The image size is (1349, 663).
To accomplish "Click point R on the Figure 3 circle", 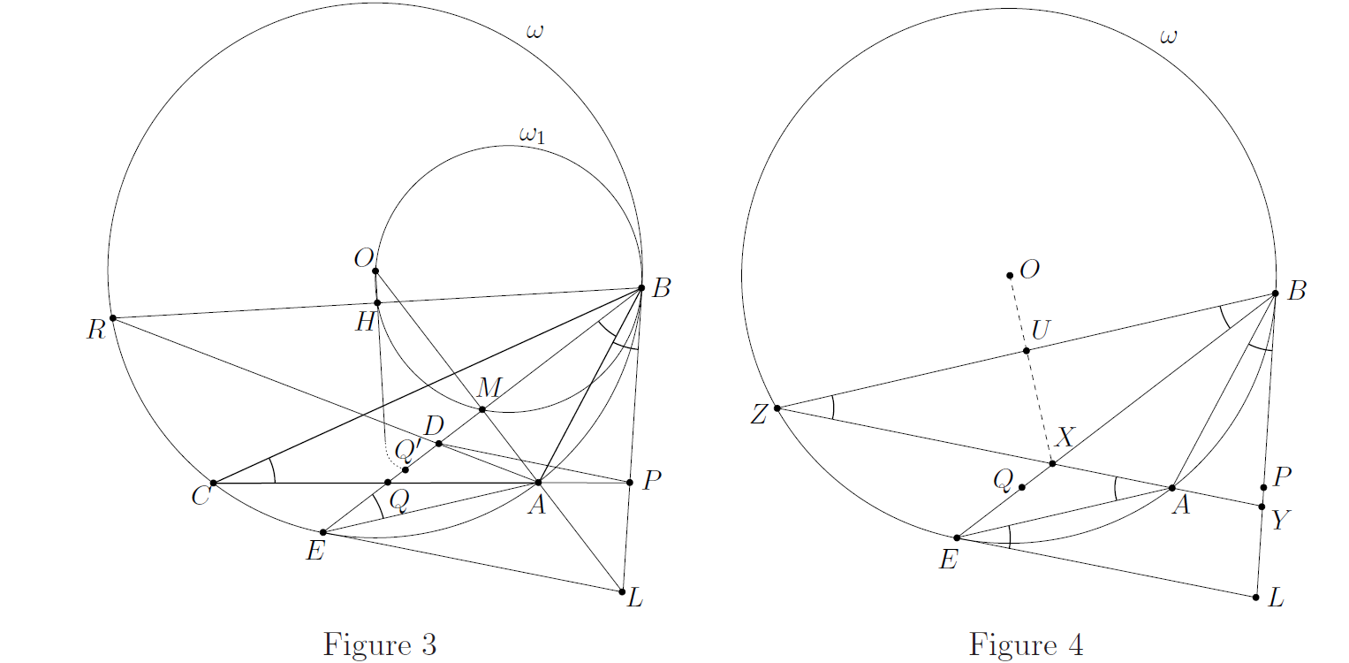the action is tap(112, 318).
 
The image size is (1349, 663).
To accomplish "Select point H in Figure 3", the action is tap(377, 303).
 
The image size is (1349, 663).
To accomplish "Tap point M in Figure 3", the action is tap(481, 410).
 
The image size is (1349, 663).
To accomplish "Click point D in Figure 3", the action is tap(439, 444).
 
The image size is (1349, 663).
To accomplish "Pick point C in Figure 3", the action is tap(213, 484).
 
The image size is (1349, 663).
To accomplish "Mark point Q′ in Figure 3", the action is tap(405, 470).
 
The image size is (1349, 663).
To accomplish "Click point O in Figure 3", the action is tap(375, 271).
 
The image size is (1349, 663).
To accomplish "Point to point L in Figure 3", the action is tap(622, 592).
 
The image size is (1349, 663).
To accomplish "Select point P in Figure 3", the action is tap(630, 483).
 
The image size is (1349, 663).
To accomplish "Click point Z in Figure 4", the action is tap(777, 408).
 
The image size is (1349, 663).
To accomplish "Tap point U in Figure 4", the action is tap(1027, 351).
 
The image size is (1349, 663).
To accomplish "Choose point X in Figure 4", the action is tap(1052, 463).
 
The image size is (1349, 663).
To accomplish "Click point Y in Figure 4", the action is tap(1262, 507).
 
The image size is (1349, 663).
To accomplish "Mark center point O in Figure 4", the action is tap(1010, 276).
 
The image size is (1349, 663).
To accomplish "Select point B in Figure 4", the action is tap(1275, 293).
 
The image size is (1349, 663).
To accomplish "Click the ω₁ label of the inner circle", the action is tap(533, 135).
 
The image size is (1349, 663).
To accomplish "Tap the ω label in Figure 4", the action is tap(1168, 37).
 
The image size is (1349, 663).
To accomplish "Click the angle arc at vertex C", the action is tap(273, 470).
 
